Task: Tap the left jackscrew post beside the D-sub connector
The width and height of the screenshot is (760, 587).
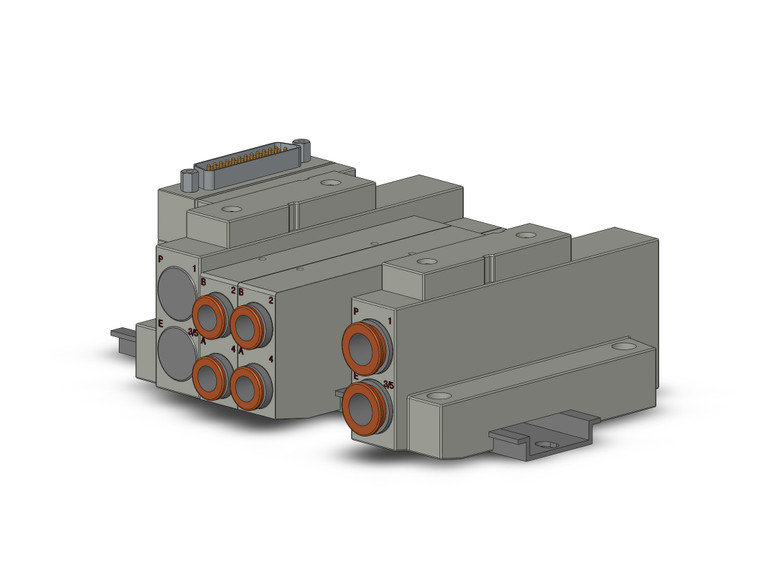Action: point(188,181)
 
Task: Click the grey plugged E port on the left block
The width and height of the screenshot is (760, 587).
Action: point(177,353)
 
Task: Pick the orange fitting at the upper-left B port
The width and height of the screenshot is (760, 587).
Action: point(210,318)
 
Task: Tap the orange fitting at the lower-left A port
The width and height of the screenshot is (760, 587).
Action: point(210,377)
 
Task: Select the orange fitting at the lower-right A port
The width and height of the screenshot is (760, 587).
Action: point(248,384)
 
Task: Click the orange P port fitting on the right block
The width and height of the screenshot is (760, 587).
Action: point(362,346)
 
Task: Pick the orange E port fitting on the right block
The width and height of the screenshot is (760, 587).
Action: point(362,407)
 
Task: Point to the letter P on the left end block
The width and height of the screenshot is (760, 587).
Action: point(161,260)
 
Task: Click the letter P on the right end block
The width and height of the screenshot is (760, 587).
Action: point(355,313)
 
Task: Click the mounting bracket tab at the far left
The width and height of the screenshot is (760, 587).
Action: point(121,334)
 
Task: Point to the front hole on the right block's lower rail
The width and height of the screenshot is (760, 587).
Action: point(435,397)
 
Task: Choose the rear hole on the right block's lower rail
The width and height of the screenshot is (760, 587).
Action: point(623,346)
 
